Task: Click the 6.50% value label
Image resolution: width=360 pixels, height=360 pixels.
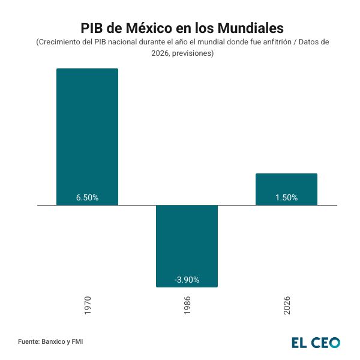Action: (x=87, y=197)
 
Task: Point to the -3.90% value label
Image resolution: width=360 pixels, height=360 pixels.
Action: (x=187, y=280)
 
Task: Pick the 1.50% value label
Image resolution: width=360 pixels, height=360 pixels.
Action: (x=286, y=197)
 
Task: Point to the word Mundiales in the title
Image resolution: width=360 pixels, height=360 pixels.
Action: (x=250, y=28)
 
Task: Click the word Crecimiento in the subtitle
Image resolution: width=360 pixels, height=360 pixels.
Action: (x=62, y=43)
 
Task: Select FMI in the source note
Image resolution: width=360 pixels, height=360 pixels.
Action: (x=77, y=342)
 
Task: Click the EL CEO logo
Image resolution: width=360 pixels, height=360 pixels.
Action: (x=316, y=343)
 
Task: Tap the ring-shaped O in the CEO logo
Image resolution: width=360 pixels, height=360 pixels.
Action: (x=334, y=343)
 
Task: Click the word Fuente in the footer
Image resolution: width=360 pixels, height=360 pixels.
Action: (x=29, y=342)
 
